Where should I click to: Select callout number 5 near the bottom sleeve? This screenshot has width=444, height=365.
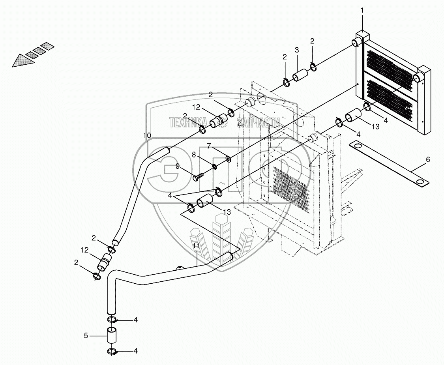pyautogui.click(x=86, y=336)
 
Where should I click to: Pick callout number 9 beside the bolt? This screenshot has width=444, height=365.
pyautogui.click(x=178, y=167)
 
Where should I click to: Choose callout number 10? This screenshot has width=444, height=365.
pyautogui.click(x=147, y=135)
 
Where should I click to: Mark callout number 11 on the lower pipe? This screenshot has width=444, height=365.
pyautogui.click(x=196, y=246)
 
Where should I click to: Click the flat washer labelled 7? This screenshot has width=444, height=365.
pyautogui.click(x=228, y=159)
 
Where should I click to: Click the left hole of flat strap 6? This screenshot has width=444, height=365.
pyautogui.click(x=357, y=146)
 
